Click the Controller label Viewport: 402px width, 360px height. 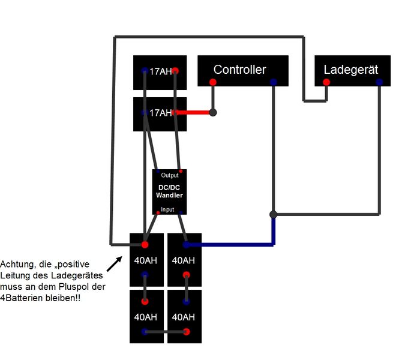coord(239,70)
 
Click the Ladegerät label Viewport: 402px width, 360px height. coord(351,70)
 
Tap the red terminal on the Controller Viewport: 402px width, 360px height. coord(213,82)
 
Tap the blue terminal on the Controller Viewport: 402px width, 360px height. coord(273,82)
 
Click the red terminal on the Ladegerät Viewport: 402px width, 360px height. coord(326,82)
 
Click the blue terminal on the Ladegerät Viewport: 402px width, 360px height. coord(380,82)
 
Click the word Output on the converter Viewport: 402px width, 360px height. coord(170,176)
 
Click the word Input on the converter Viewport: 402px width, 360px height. coord(167,210)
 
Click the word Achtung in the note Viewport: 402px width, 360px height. coord(17,264)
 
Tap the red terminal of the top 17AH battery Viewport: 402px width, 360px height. coord(175,71)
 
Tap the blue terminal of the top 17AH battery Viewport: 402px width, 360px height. coord(145,71)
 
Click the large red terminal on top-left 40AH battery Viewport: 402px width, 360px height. coord(145,245)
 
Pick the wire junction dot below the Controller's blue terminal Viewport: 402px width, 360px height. coord(273,214)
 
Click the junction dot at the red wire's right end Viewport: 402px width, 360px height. coord(212,112)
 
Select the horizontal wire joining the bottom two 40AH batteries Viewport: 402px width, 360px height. coord(165,332)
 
